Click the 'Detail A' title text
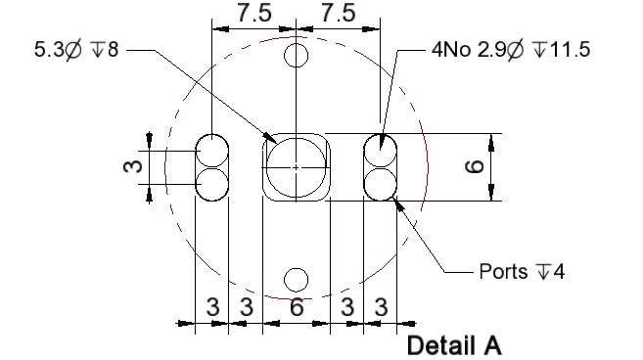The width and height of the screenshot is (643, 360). (x=454, y=345)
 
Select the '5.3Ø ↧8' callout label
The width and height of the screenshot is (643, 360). (x=76, y=50)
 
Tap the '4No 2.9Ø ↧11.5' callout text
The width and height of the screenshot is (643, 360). (x=511, y=50)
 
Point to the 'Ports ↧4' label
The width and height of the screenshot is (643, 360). (x=522, y=271)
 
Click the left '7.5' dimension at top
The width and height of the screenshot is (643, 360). (x=254, y=13)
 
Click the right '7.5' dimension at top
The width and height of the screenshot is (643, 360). (x=339, y=13)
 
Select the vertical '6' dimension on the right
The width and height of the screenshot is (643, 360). (x=475, y=167)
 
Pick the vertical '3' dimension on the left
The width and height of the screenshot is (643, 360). (x=132, y=166)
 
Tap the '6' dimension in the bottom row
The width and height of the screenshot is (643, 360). (x=297, y=307)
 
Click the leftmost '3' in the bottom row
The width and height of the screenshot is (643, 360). (x=212, y=307)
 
